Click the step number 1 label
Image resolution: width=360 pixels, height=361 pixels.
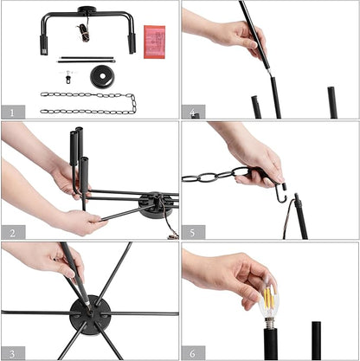pyautogui.click(x=12, y=113)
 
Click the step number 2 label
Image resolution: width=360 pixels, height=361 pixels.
pyautogui.click(x=12, y=233)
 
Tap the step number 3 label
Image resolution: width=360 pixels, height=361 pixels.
pyautogui.click(x=12, y=353)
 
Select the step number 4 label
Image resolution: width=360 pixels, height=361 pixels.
pyautogui.click(x=192, y=113)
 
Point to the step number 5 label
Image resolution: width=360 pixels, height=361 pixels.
pyautogui.click(x=192, y=233)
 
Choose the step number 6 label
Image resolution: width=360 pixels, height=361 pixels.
pyautogui.click(x=192, y=353)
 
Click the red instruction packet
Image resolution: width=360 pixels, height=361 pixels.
pyautogui.click(x=155, y=42)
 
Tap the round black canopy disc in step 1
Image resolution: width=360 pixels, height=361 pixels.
pyautogui.click(x=102, y=76)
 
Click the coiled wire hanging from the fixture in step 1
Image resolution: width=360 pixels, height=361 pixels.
pyautogui.click(x=84, y=29)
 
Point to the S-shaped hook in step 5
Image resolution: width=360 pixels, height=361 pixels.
pyautogui.click(x=281, y=192)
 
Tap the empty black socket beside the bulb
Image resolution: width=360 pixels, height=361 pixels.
pyautogui.click(x=316, y=340)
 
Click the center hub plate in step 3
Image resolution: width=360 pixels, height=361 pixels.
pyautogui.click(x=90, y=315)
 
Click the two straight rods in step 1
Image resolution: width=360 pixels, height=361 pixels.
pyautogui.click(x=87, y=60)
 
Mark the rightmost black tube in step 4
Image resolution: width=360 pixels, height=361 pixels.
pyautogui.click(x=332, y=102)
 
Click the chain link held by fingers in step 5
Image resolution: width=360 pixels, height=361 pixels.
pyautogui.click(x=241, y=171)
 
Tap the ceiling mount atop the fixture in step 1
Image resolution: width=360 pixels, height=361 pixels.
pyautogui.click(x=87, y=10)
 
